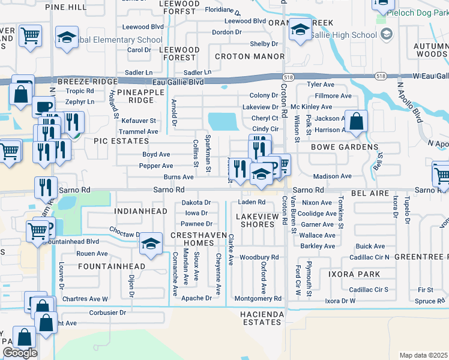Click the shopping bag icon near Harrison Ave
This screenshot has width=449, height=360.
tap(357, 121)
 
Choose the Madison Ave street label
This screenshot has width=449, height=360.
tap(332, 176)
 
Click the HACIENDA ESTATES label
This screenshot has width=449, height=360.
tap(260, 318)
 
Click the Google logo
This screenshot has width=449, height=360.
tap(20, 353)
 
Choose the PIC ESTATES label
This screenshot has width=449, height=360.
tap(121, 141)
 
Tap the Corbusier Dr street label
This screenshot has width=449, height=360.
tap(107, 313)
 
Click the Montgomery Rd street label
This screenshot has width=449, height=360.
tap(258, 298)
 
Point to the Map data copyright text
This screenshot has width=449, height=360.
tap(424, 355)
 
